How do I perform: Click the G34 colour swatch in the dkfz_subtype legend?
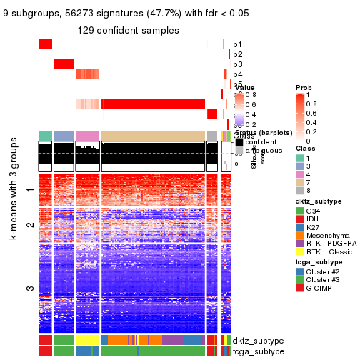click(300, 212)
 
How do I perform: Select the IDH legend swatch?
click(300, 222)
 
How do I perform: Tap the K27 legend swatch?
click(300, 232)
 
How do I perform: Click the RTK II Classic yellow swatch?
click(300, 262)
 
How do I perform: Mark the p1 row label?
click(237, 44)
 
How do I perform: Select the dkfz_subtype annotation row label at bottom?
click(259, 340)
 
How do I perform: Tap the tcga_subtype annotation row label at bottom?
click(259, 351)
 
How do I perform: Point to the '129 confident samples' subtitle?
click(129, 31)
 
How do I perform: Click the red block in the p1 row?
click(45, 44)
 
